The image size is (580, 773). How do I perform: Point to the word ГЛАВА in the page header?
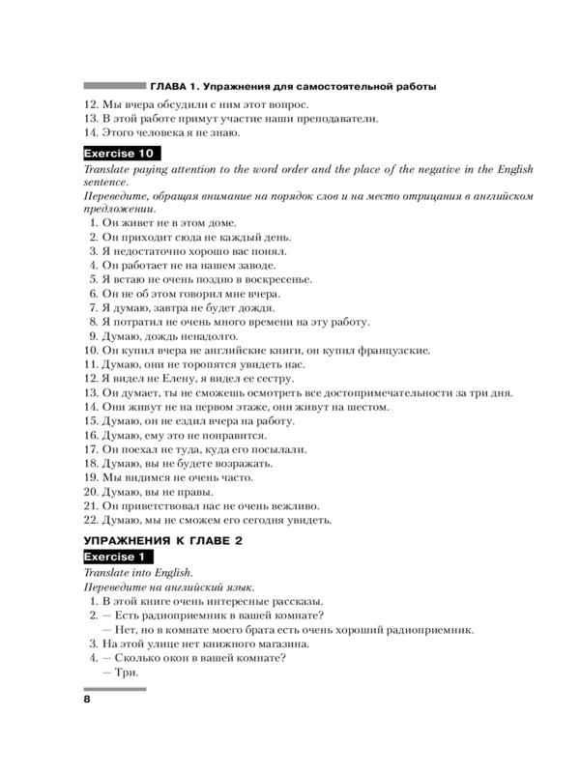[170, 86]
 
